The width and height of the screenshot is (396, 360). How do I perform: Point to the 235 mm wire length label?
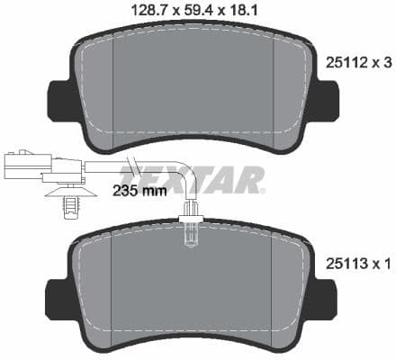[x=139, y=192]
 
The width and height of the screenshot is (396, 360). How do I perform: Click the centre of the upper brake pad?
[x=193, y=85]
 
